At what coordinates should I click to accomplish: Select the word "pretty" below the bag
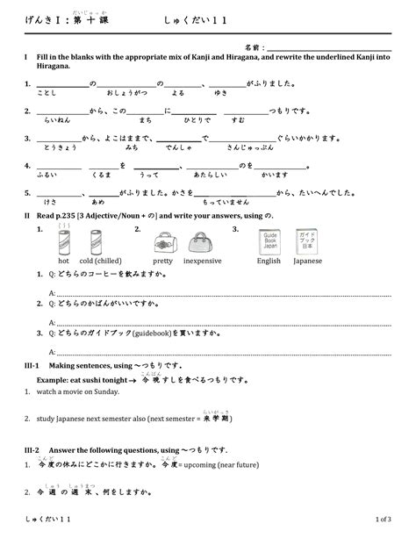pos(162,261)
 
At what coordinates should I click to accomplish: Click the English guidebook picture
pos(269,241)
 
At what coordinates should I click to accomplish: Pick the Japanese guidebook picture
pos(307,241)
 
